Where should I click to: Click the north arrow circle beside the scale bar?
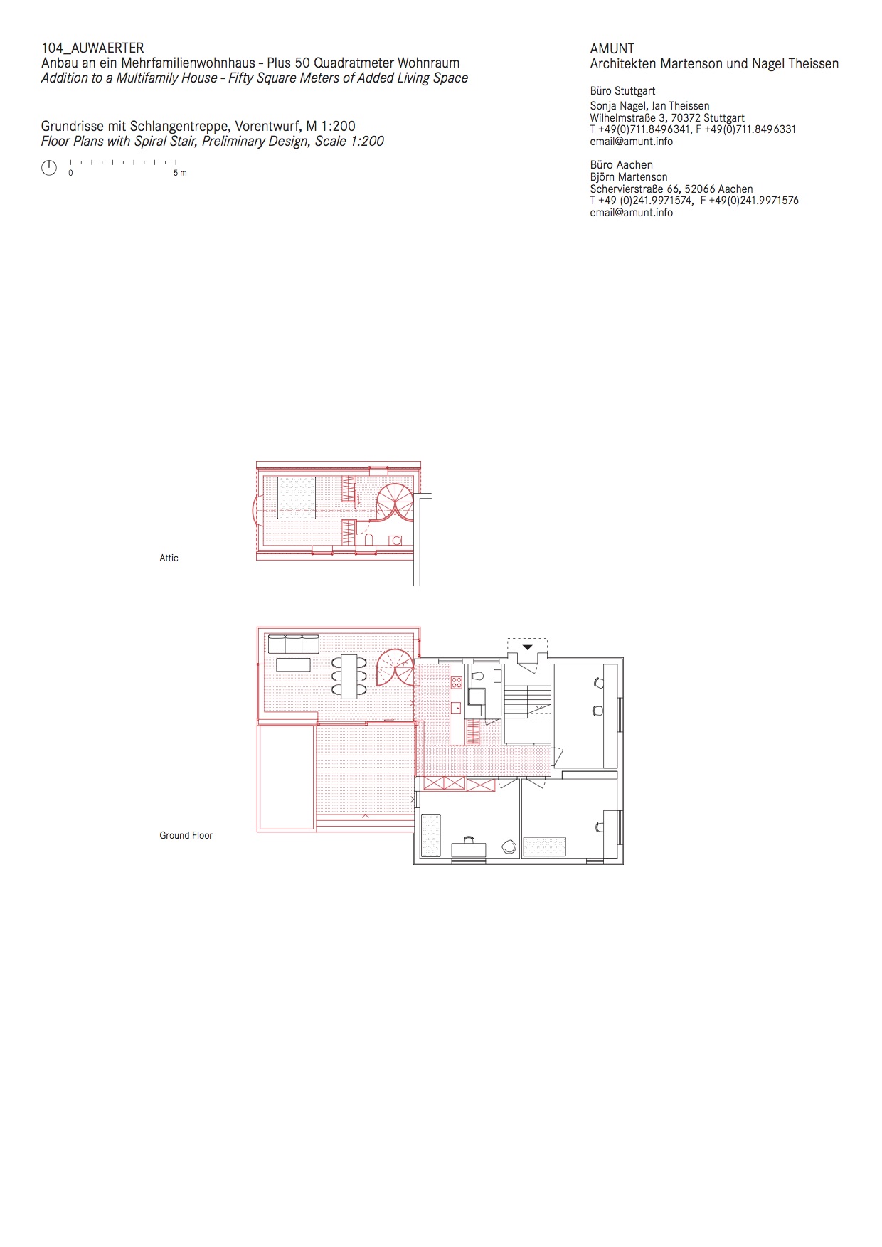(x=49, y=168)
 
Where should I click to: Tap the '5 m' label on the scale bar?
(x=180, y=173)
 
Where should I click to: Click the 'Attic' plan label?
(x=169, y=558)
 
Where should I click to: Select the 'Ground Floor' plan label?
(x=186, y=835)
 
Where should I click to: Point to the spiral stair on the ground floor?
(x=395, y=667)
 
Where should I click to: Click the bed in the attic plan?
(x=296, y=498)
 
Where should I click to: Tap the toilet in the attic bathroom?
(x=368, y=540)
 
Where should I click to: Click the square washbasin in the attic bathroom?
(x=396, y=540)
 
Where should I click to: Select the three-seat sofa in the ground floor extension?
(x=293, y=644)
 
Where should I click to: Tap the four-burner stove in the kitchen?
(x=456, y=683)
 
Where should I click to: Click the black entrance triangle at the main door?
(x=528, y=647)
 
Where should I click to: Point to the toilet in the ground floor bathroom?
(x=477, y=674)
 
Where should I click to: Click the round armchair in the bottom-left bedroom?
(x=509, y=847)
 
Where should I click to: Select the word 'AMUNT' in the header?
(x=612, y=48)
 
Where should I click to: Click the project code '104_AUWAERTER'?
(x=92, y=48)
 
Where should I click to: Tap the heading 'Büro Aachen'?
(x=621, y=165)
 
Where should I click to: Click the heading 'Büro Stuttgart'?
(x=622, y=91)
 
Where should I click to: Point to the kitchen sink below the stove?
(x=455, y=708)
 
